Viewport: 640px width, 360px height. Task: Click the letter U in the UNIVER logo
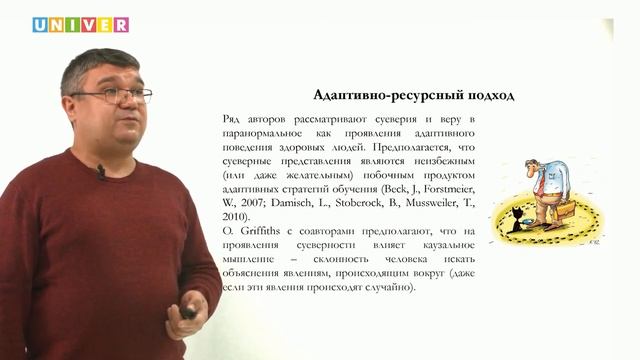click(41, 25)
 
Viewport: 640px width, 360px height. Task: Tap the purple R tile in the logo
click(120, 25)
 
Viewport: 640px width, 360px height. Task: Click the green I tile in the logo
click(73, 25)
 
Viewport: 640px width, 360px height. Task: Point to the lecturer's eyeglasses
click(118, 95)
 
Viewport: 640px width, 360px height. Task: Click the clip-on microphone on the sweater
click(100, 171)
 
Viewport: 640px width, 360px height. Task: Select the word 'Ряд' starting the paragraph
click(232, 120)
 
